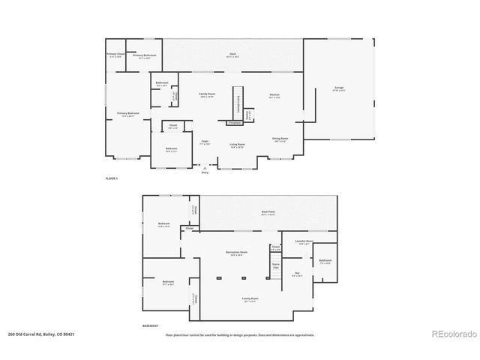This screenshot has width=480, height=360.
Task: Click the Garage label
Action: pos(340,88)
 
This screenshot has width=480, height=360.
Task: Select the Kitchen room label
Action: pos(275,94)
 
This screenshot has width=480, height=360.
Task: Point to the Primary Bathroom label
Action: pos(144,56)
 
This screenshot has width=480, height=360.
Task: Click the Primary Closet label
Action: pos(115,54)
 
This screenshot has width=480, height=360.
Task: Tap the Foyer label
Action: pos(204,141)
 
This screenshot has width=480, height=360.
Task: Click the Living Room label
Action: pos(238,144)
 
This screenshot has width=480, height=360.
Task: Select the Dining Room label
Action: pos(280,139)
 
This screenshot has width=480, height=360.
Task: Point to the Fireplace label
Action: pos(235,122)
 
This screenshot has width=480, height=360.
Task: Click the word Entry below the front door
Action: pos(205,172)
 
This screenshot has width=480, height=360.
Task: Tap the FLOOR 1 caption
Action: pos(112,178)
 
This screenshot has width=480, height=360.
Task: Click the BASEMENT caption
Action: pos(151,325)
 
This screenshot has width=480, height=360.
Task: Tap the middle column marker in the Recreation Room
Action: pos(243,278)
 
